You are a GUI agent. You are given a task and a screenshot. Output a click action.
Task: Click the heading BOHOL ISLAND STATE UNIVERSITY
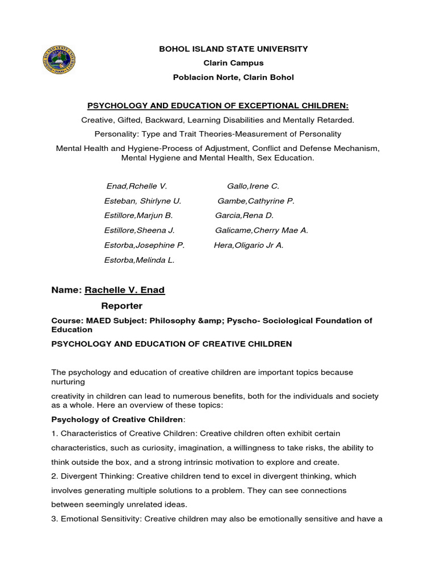point(233,49)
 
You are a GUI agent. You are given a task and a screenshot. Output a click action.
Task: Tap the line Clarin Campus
point(233,63)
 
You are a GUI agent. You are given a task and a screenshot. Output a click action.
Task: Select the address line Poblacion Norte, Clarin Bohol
point(233,77)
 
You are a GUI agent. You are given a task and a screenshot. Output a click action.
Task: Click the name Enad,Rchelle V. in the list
point(137,186)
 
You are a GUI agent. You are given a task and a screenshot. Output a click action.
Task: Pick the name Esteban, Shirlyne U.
point(142,201)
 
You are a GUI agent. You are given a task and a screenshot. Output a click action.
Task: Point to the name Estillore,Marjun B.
point(139,216)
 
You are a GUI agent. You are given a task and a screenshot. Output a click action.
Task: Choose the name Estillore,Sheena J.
point(140,230)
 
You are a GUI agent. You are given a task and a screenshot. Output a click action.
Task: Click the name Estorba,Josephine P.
point(145,245)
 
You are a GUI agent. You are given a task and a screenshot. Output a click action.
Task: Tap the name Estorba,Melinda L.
point(140,260)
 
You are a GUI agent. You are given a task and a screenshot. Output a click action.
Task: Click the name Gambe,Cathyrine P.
point(256,201)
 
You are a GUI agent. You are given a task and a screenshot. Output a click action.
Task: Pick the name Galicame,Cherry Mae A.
point(262,230)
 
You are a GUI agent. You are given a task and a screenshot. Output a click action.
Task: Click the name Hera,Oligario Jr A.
point(249,245)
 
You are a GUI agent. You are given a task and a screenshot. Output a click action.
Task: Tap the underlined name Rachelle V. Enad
point(124,290)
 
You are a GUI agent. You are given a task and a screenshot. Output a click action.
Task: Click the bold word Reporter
point(122,306)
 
